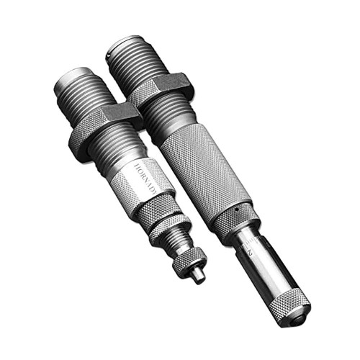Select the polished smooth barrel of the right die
pos(270,270)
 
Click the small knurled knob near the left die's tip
pos(189,260)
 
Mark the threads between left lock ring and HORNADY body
pos(122,151)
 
